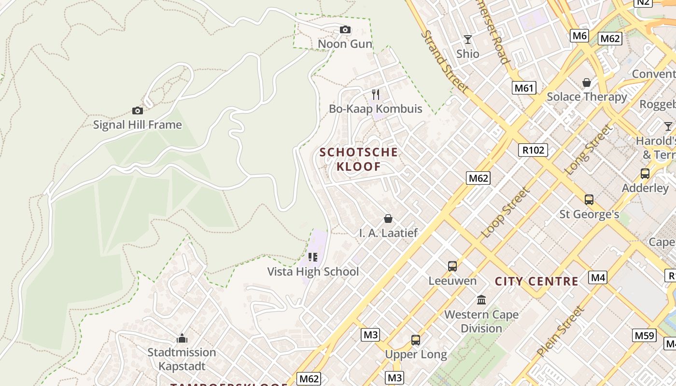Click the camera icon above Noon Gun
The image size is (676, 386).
pyautogui.click(x=345, y=30)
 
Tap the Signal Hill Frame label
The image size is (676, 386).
pyautogui.click(x=138, y=125)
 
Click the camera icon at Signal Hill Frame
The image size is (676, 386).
pyautogui.click(x=138, y=111)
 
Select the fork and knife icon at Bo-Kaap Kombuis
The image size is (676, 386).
pyautogui.click(x=376, y=95)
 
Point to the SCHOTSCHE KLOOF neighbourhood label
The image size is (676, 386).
pyautogui.click(x=359, y=160)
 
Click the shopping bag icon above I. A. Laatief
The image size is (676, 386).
pyautogui.click(x=388, y=219)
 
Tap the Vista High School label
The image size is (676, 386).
pyautogui.click(x=313, y=272)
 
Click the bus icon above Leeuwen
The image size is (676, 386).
pyautogui.click(x=452, y=266)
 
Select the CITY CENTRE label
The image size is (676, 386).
pyautogui.click(x=536, y=281)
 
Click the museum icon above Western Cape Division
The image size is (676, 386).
pyautogui.click(x=481, y=300)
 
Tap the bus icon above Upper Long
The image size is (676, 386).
pyautogui.click(x=416, y=340)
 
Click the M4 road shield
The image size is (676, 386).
pyautogui.click(x=598, y=277)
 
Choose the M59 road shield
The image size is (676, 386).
pyautogui.click(x=645, y=335)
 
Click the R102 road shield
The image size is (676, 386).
pyautogui.click(x=533, y=150)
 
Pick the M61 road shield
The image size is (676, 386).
pyautogui.click(x=524, y=88)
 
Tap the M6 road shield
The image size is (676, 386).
pyautogui.click(x=579, y=35)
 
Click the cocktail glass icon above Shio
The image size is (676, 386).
pyautogui.click(x=467, y=40)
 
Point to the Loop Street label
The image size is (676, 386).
pyautogui.click(x=505, y=212)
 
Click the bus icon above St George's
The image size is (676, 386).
pyautogui.click(x=589, y=200)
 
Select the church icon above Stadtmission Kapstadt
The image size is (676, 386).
pyautogui.click(x=182, y=338)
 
